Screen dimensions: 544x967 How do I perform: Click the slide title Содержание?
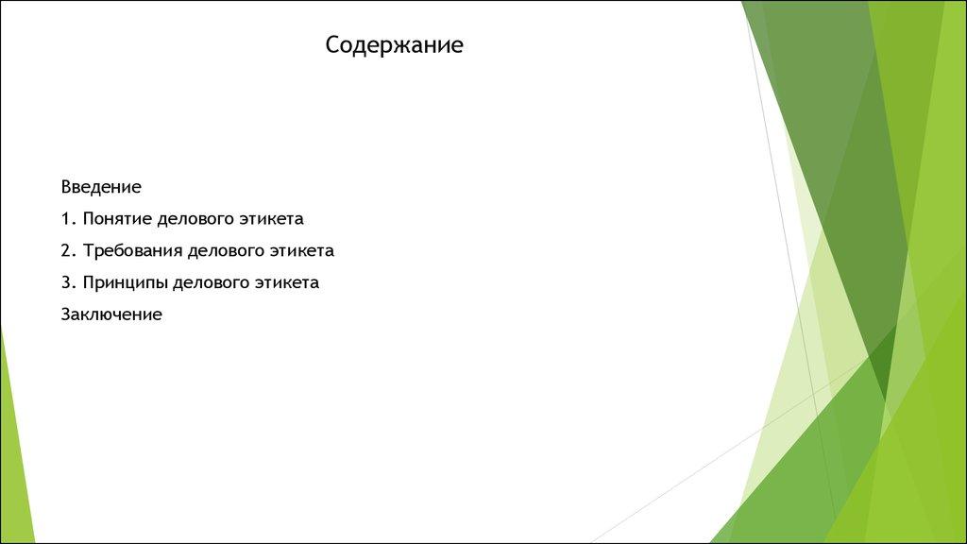tap(395, 45)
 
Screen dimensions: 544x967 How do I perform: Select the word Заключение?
tap(111, 314)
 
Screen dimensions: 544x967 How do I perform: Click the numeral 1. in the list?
tap(68, 218)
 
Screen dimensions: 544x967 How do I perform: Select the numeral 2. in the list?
tap(68, 250)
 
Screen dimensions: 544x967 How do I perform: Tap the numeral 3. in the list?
tap(68, 282)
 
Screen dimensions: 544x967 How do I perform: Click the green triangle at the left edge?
tap(14, 444)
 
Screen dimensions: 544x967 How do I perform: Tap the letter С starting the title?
tap(332, 45)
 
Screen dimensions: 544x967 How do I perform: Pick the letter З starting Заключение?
tap(66, 314)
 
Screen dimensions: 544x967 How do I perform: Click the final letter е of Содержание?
tap(458, 46)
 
